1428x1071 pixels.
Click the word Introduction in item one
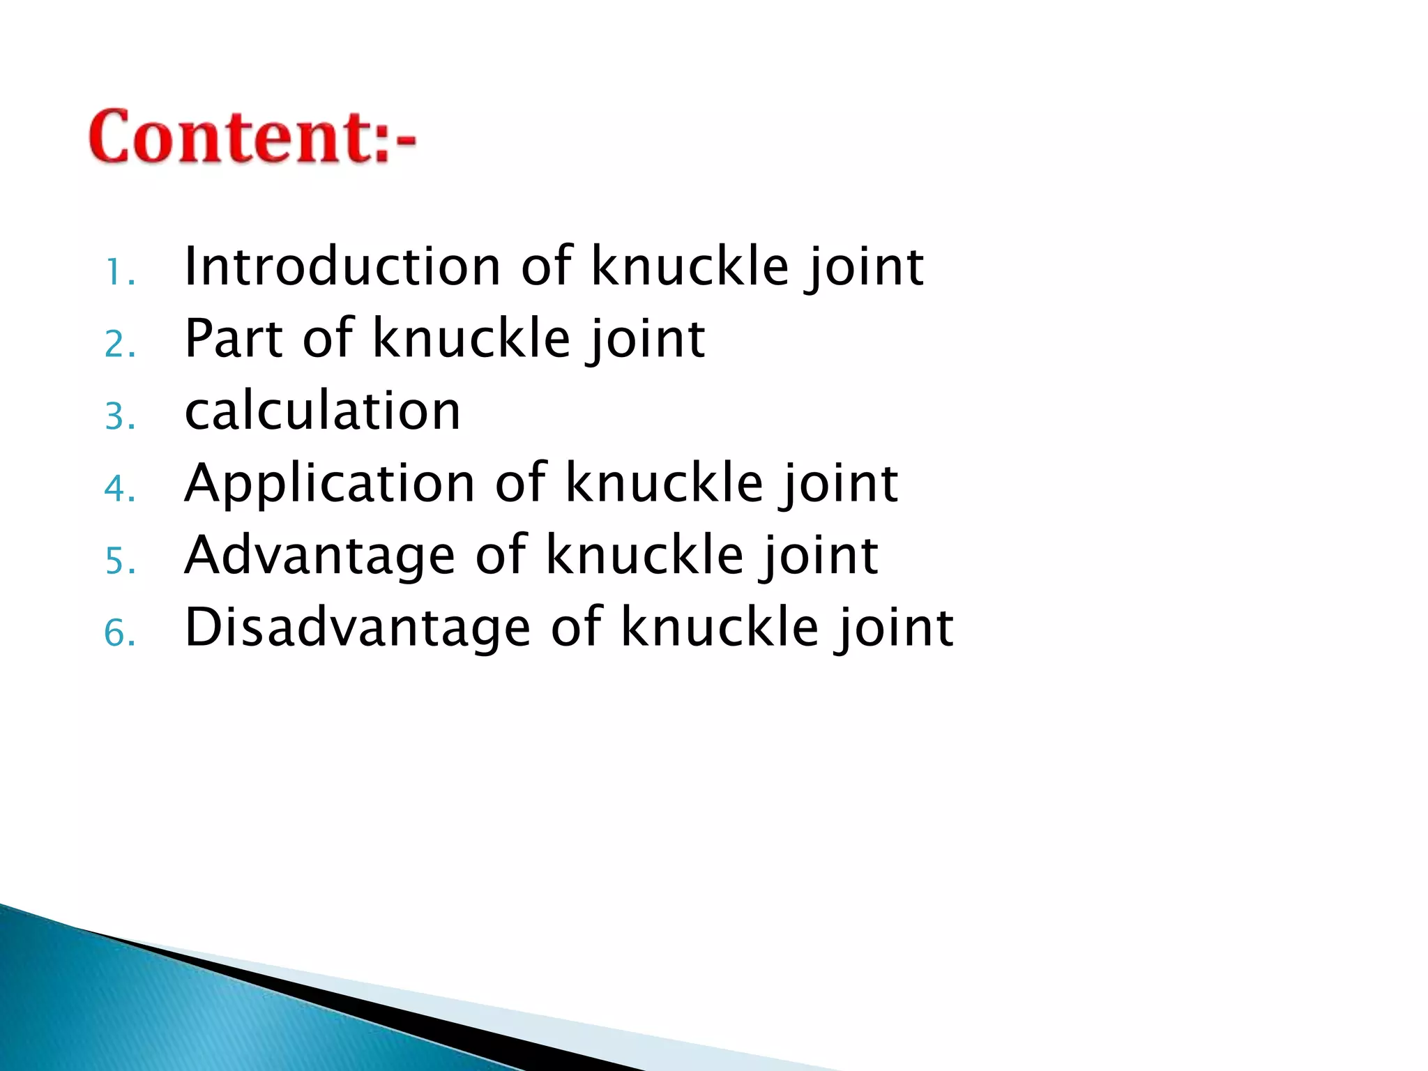[342, 267]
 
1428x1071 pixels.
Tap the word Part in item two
[234, 339]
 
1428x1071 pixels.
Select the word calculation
[322, 411]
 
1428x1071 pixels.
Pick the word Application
[329, 483]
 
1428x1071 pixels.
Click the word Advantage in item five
[319, 556]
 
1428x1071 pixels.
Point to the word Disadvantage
[357, 628]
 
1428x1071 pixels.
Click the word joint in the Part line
[645, 339]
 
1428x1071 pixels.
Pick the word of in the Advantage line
[500, 556]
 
